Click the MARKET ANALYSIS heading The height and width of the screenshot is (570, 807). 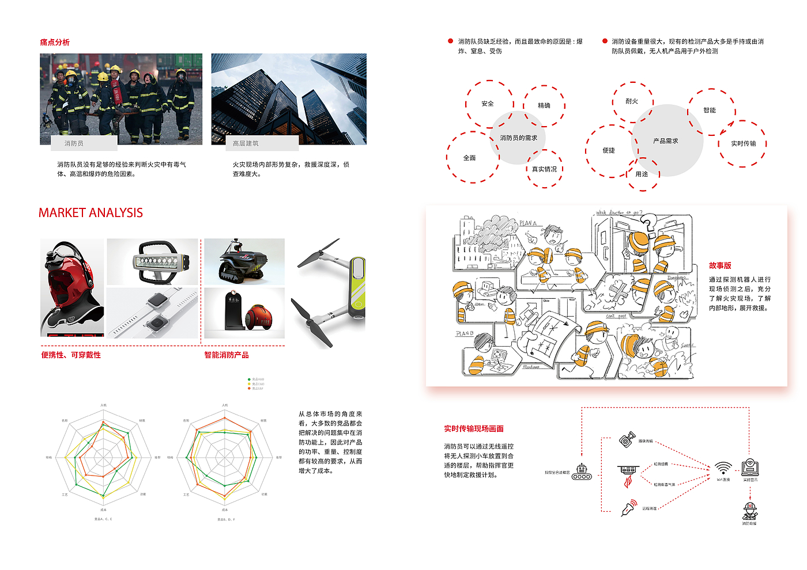point(90,213)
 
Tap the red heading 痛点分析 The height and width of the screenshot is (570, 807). point(55,42)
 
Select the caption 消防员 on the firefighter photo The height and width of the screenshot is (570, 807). point(74,143)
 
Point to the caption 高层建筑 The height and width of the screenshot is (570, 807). point(246,143)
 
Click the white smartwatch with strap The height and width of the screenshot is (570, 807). point(153,313)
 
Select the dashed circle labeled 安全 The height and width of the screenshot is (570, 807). point(488,104)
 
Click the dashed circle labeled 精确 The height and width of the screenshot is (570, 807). point(544,105)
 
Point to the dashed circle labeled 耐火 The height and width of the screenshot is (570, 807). point(632,101)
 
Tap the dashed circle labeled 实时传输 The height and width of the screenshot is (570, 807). point(742,143)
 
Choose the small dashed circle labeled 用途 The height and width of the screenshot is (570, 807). point(642,174)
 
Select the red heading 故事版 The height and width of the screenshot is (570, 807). point(720,265)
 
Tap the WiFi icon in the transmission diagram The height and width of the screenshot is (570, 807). point(723,468)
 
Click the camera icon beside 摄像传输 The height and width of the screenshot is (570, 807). point(627,439)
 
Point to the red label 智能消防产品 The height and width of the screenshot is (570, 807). point(227,355)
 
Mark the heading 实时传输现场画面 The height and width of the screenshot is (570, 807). point(474,428)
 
